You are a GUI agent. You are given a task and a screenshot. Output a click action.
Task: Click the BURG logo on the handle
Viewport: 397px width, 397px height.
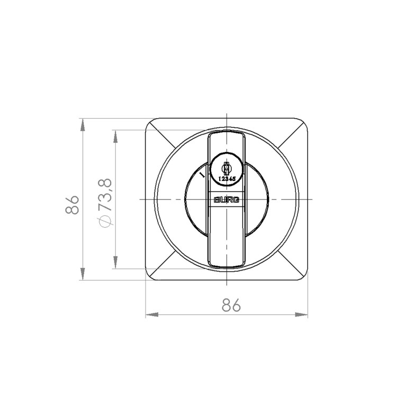coord(227,200)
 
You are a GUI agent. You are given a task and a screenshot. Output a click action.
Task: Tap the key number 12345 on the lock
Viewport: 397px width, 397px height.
coord(227,179)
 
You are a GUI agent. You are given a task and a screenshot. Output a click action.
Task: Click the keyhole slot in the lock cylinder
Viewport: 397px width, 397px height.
coord(227,168)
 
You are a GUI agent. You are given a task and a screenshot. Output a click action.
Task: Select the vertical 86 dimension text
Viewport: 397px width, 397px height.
coord(72,205)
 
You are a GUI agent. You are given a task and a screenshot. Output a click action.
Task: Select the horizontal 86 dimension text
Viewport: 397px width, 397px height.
coord(231,305)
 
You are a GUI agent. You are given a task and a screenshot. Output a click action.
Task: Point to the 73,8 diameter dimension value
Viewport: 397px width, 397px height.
coord(105,195)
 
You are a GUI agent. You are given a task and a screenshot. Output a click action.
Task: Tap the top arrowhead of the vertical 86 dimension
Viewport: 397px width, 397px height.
coord(83,125)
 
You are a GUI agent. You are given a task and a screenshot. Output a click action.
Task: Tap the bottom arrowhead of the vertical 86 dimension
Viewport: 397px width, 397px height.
coord(83,274)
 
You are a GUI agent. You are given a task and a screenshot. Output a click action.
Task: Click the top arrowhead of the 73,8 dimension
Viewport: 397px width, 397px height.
coord(115,137)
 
